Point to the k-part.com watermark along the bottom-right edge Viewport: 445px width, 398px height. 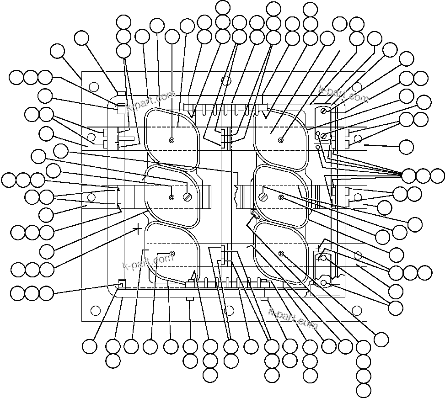293,318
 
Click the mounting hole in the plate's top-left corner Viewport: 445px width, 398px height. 93,86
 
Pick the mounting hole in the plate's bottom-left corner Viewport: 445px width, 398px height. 95,311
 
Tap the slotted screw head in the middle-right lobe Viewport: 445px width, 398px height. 264,197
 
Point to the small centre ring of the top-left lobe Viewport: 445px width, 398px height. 172,140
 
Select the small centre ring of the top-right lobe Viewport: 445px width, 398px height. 281,140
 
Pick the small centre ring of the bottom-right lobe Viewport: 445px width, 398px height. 281,254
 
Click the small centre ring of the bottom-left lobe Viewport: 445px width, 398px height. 172,254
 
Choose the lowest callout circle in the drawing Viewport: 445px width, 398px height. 364,391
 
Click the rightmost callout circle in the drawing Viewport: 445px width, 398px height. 437,175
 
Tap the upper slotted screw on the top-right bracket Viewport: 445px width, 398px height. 324,111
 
